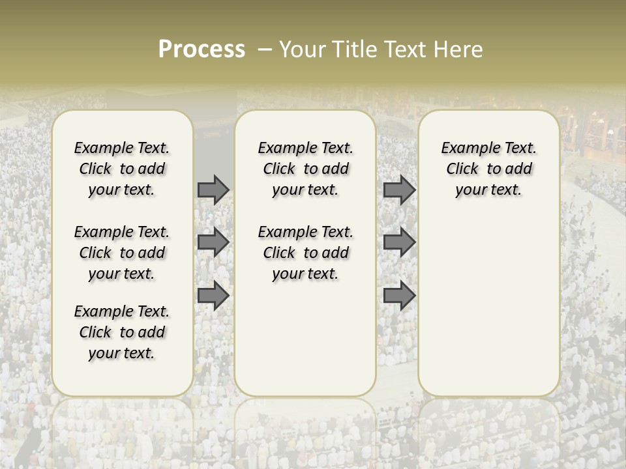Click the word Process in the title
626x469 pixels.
coord(201,49)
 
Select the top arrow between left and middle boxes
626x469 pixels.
coord(213,190)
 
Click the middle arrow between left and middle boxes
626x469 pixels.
coord(213,242)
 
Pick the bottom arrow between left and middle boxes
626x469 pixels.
coord(213,296)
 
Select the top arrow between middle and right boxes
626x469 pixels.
coord(399,190)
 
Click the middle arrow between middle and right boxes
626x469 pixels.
coord(399,242)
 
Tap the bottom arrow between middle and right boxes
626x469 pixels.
coord(399,296)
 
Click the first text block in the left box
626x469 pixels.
coord(122,169)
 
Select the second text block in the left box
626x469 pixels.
coord(122,253)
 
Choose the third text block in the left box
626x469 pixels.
coord(122,332)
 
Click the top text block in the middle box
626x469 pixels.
coord(305,169)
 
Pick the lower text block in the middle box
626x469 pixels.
coord(305,253)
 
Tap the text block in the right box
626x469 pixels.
coord(488,169)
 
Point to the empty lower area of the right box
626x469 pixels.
coord(488,300)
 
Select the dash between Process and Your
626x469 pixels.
coord(264,50)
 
